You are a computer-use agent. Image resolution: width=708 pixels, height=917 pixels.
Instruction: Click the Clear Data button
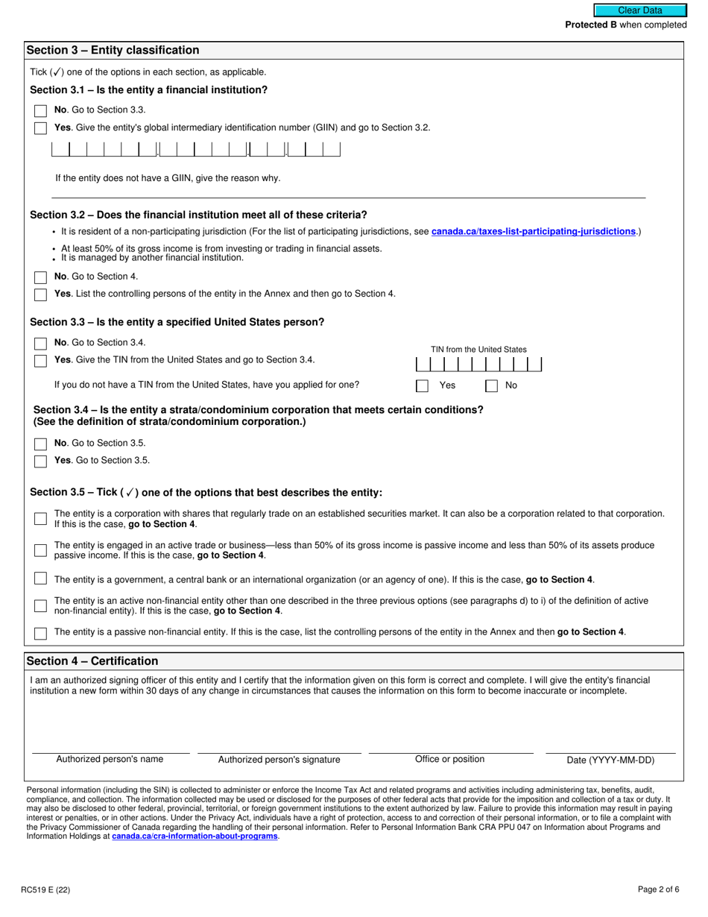[639, 10]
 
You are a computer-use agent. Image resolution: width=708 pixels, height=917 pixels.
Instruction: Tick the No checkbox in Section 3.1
[40, 110]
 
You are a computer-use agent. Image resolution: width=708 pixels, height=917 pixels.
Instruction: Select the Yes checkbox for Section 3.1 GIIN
[40, 128]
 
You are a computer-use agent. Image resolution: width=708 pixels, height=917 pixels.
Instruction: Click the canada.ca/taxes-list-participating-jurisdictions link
[534, 232]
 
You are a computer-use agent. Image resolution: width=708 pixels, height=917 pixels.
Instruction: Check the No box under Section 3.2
[40, 277]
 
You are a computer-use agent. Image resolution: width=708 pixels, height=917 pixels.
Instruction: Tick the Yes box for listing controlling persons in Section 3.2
[40, 294]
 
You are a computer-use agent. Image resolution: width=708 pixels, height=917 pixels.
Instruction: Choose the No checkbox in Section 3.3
[40, 344]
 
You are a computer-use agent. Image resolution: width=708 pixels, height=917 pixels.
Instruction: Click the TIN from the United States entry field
[478, 365]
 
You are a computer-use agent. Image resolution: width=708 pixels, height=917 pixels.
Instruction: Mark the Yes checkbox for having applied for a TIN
[422, 386]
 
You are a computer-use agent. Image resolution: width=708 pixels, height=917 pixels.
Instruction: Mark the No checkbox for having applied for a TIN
[492, 386]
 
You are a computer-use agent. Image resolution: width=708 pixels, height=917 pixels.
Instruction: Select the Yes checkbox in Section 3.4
[40, 461]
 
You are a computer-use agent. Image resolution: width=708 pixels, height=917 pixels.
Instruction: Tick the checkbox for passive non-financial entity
[40, 633]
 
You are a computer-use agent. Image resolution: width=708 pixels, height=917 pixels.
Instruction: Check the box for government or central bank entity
[40, 579]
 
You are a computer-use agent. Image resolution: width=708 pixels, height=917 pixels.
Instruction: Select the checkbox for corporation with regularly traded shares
[40, 518]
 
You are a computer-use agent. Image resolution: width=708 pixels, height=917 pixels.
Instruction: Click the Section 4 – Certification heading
[92, 661]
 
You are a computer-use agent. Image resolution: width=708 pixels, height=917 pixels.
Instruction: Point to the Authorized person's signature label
[279, 760]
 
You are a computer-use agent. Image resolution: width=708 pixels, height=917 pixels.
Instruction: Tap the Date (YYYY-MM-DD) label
[610, 760]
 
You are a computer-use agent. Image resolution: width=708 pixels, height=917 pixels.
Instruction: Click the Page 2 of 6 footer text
[658, 889]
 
